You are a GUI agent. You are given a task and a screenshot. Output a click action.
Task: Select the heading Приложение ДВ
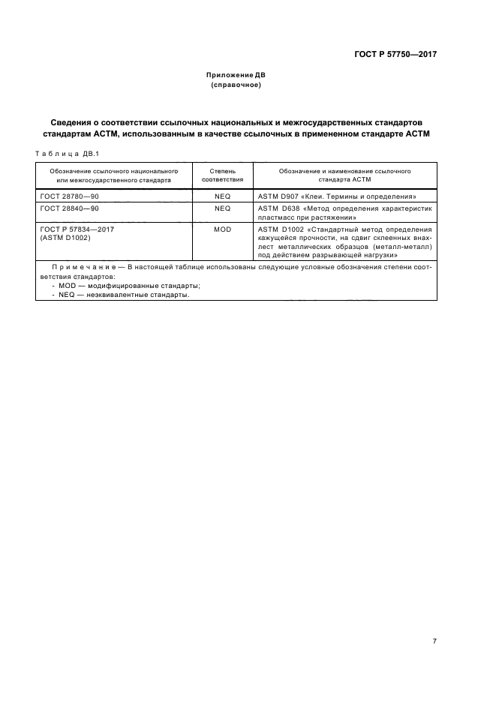(236, 76)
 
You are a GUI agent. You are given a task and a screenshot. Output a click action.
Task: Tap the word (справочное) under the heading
(236, 85)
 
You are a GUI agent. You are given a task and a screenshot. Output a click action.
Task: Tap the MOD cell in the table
(222, 229)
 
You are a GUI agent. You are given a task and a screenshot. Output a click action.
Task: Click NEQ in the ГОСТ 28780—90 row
(222, 196)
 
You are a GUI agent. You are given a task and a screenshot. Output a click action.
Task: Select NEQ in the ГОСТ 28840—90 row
(222, 208)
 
